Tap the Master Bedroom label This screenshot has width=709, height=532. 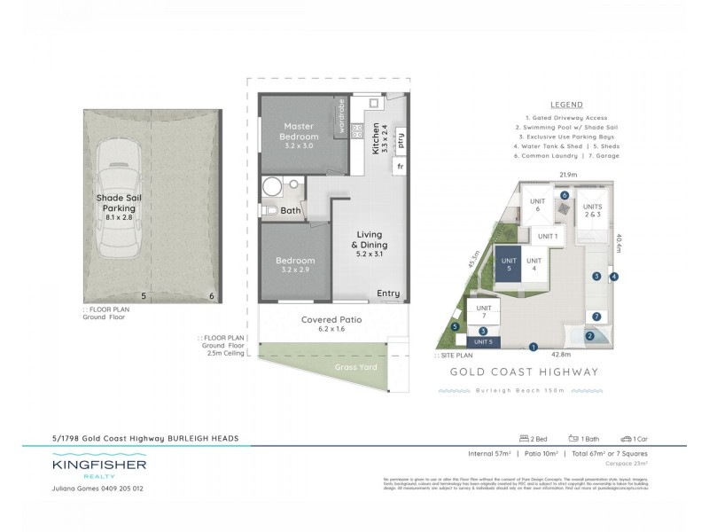coord(300,131)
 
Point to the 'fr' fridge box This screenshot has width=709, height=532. coord(401,166)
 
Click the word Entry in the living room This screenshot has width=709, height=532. coord(388,293)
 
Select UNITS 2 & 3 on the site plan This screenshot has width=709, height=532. coord(592,210)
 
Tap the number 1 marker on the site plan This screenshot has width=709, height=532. coord(534,347)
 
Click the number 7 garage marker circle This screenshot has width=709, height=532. coord(596,316)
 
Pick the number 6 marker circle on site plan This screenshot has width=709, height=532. coord(565,195)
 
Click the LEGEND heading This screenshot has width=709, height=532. coord(565,104)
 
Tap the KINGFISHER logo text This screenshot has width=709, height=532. coord(99,464)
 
